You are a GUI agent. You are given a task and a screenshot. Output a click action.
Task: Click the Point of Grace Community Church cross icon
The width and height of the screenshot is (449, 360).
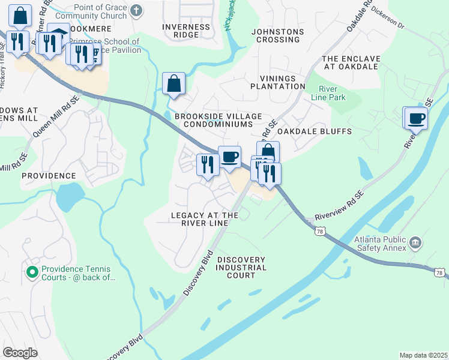(x=137, y=10)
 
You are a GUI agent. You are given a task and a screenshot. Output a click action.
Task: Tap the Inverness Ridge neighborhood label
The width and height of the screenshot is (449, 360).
(x=186, y=31)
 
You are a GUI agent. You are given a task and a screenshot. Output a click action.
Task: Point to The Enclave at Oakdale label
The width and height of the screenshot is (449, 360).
(x=351, y=62)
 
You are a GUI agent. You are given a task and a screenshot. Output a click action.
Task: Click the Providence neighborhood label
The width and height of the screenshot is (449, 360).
(x=49, y=176)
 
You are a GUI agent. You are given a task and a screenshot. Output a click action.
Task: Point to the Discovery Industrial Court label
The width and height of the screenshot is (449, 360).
(x=241, y=268)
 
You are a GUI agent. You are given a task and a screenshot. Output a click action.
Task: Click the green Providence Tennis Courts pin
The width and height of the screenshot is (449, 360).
(x=32, y=272)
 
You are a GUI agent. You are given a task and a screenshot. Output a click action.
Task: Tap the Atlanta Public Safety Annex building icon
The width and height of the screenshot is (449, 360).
(x=415, y=243)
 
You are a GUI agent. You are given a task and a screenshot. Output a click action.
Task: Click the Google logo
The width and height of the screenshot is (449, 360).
(x=20, y=353)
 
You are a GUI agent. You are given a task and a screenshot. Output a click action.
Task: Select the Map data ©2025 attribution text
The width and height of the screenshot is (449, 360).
(x=423, y=355)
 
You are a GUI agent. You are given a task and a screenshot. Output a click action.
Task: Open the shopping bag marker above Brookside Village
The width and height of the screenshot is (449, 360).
(x=173, y=84)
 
